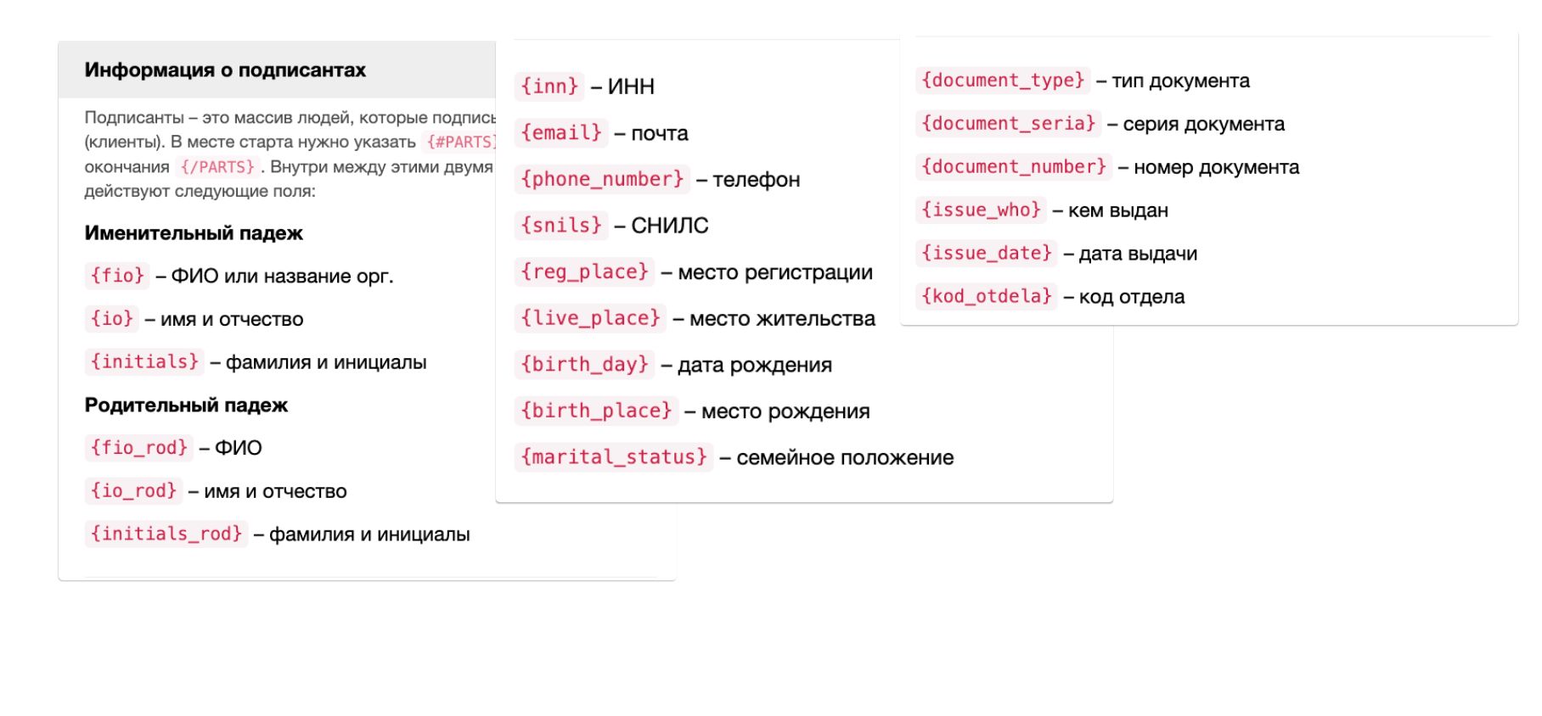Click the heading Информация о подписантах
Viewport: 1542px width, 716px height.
point(225,70)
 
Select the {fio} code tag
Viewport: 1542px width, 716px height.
point(117,276)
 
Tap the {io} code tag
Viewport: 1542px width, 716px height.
point(112,319)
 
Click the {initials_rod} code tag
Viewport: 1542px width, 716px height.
point(166,534)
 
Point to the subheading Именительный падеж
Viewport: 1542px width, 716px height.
point(194,233)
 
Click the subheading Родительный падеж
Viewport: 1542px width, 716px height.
point(186,406)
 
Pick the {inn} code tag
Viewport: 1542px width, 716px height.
point(549,87)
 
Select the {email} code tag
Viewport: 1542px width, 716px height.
point(561,133)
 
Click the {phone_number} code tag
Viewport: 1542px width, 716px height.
point(602,179)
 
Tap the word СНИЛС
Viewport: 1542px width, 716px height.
point(670,226)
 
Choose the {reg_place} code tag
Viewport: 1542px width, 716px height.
point(584,271)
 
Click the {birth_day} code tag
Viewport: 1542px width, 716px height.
point(584,365)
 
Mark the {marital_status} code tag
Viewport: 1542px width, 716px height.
point(614,457)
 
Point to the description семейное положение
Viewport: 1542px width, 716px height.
point(845,458)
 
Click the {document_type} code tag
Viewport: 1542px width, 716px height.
point(1003,81)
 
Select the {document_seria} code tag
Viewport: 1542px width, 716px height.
point(1009,124)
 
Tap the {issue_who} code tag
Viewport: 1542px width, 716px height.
point(982,210)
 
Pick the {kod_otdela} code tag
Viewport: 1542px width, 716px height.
point(987,296)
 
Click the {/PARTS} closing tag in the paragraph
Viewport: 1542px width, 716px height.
point(217,167)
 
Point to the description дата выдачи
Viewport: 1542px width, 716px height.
point(1138,254)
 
